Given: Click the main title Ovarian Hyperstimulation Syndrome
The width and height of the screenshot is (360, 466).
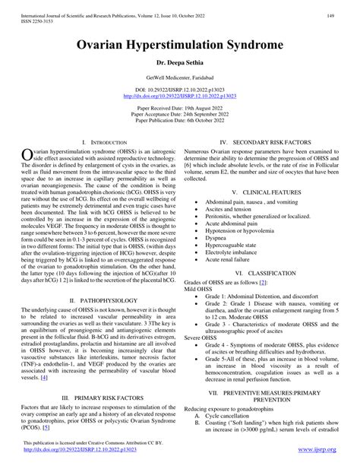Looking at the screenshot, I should pos(180,44).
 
